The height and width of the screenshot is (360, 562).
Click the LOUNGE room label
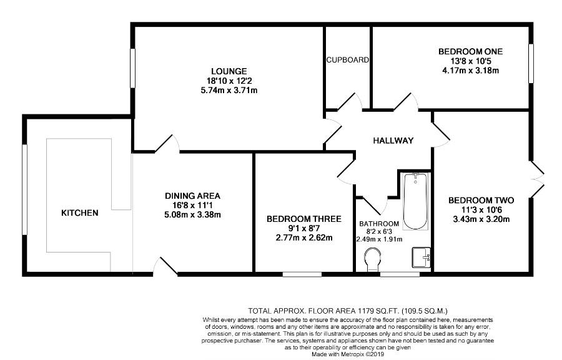coord(229,71)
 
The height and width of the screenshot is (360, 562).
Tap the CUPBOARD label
coord(347,60)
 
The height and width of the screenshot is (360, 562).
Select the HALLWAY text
coord(393,141)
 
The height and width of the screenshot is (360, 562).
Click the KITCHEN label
coord(79,213)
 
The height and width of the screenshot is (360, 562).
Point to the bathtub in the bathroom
coord(415,201)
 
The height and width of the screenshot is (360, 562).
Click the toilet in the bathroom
coord(372,259)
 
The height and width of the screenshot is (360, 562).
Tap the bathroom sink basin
coord(421,257)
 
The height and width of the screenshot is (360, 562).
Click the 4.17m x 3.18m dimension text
coord(470,70)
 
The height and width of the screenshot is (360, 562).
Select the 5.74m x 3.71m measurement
coord(229,91)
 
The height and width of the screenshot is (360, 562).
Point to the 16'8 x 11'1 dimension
coord(192,206)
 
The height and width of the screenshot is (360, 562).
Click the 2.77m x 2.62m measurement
coord(304,237)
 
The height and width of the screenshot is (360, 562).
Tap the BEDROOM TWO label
coord(481,200)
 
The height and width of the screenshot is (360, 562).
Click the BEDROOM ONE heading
coord(470,51)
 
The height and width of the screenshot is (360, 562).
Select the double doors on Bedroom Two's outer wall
coord(536,179)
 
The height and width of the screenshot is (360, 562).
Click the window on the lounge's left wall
coord(132,68)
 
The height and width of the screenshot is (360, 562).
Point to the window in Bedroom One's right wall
coord(531,64)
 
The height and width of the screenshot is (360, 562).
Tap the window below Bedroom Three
coord(302,274)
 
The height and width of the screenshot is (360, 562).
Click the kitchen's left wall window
coord(24,189)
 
